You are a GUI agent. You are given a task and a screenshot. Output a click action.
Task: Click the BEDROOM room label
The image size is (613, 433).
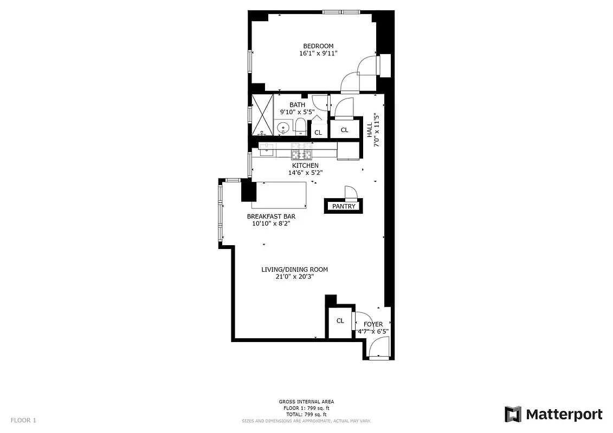318,46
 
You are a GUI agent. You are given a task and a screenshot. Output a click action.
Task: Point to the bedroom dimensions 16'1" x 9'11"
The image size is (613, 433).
318,54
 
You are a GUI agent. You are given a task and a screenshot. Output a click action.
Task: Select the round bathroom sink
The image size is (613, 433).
283,129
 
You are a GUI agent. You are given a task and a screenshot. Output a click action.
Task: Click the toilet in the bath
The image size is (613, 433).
300,128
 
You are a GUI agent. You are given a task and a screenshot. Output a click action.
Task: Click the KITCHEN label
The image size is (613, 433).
305,166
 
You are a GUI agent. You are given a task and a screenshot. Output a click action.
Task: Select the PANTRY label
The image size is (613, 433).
344,206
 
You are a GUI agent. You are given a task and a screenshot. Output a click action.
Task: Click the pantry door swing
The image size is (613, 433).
351,193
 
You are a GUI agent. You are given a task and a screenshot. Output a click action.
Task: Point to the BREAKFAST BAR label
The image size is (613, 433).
271,216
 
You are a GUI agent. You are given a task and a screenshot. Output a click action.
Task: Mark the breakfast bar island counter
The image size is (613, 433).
279,195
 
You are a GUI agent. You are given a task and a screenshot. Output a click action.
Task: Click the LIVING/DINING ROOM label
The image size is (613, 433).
295,270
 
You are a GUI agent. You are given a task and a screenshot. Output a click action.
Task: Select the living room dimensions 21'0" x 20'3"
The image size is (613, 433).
295,277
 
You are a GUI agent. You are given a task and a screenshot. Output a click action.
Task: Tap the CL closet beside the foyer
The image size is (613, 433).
340,321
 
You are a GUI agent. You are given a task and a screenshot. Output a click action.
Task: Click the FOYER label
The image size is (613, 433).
373,324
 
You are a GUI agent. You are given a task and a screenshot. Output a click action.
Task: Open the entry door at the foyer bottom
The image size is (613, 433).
378,347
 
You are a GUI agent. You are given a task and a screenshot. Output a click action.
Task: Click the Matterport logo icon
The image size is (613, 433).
513,415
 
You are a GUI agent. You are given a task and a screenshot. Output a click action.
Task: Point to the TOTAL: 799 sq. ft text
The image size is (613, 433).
306,414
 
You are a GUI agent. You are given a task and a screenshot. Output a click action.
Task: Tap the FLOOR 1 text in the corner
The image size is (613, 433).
23,420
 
